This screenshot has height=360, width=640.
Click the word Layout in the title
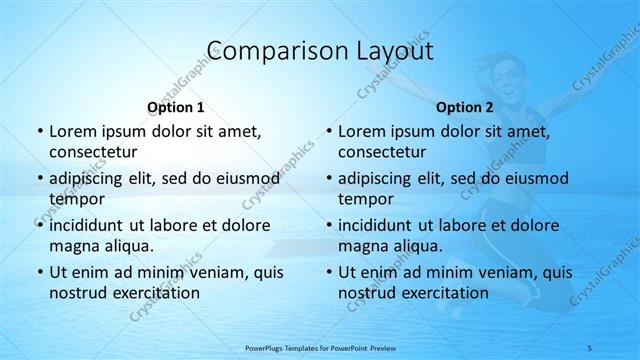click(388, 51)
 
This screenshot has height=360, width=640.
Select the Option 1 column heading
click(176, 107)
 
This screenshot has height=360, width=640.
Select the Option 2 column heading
click(465, 107)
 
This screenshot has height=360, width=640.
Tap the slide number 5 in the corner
click(619, 346)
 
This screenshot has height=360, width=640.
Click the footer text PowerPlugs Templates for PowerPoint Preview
click(320, 346)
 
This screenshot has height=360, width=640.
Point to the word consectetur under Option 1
click(91, 152)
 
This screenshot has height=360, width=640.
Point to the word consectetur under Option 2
click(381, 152)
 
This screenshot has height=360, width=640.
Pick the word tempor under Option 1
click(77, 199)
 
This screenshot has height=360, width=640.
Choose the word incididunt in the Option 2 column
click(376, 225)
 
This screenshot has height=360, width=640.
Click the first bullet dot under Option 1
click(39, 132)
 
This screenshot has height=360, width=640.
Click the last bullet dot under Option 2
click(328, 273)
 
